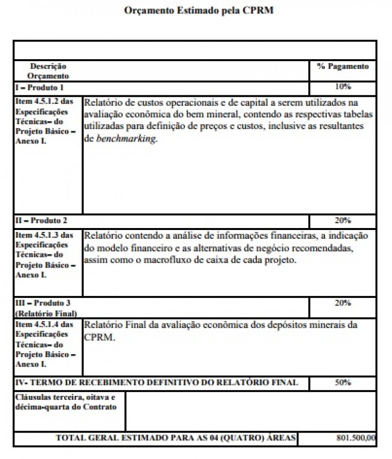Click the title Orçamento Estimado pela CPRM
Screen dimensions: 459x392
(198, 10)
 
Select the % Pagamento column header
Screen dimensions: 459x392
(343, 67)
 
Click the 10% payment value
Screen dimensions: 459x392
(343, 87)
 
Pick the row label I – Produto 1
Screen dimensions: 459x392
(40, 88)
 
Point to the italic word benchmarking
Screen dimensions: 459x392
(125, 139)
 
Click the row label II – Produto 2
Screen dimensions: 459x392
(41, 221)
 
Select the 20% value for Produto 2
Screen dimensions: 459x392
(343, 220)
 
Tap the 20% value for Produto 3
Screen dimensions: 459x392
(343, 303)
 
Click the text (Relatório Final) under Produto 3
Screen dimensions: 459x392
(46, 313)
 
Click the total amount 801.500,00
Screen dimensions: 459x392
(356, 438)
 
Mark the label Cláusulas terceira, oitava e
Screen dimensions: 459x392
(64, 397)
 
